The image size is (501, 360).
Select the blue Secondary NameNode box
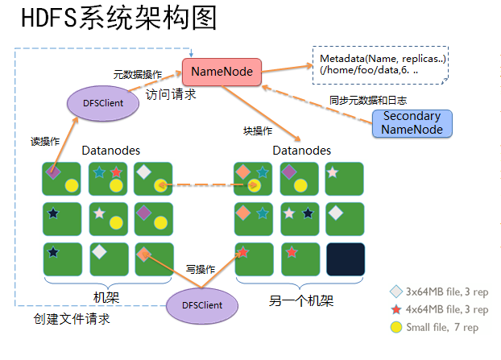pos(412,123)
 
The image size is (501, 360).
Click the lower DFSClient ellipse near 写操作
pos(205,305)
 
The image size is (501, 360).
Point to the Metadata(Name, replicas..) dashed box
pos(382,65)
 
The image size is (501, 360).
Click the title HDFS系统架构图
pos(118,19)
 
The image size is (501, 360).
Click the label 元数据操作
pos(137,73)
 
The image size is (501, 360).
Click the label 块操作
pos(258,130)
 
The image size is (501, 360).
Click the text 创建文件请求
pos(71,320)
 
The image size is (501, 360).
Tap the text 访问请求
pos(171,94)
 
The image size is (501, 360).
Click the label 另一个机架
pos(300,301)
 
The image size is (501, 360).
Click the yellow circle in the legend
pos(395,327)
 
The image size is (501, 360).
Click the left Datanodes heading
pos(111,151)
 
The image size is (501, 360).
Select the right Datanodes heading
pos(301,151)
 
